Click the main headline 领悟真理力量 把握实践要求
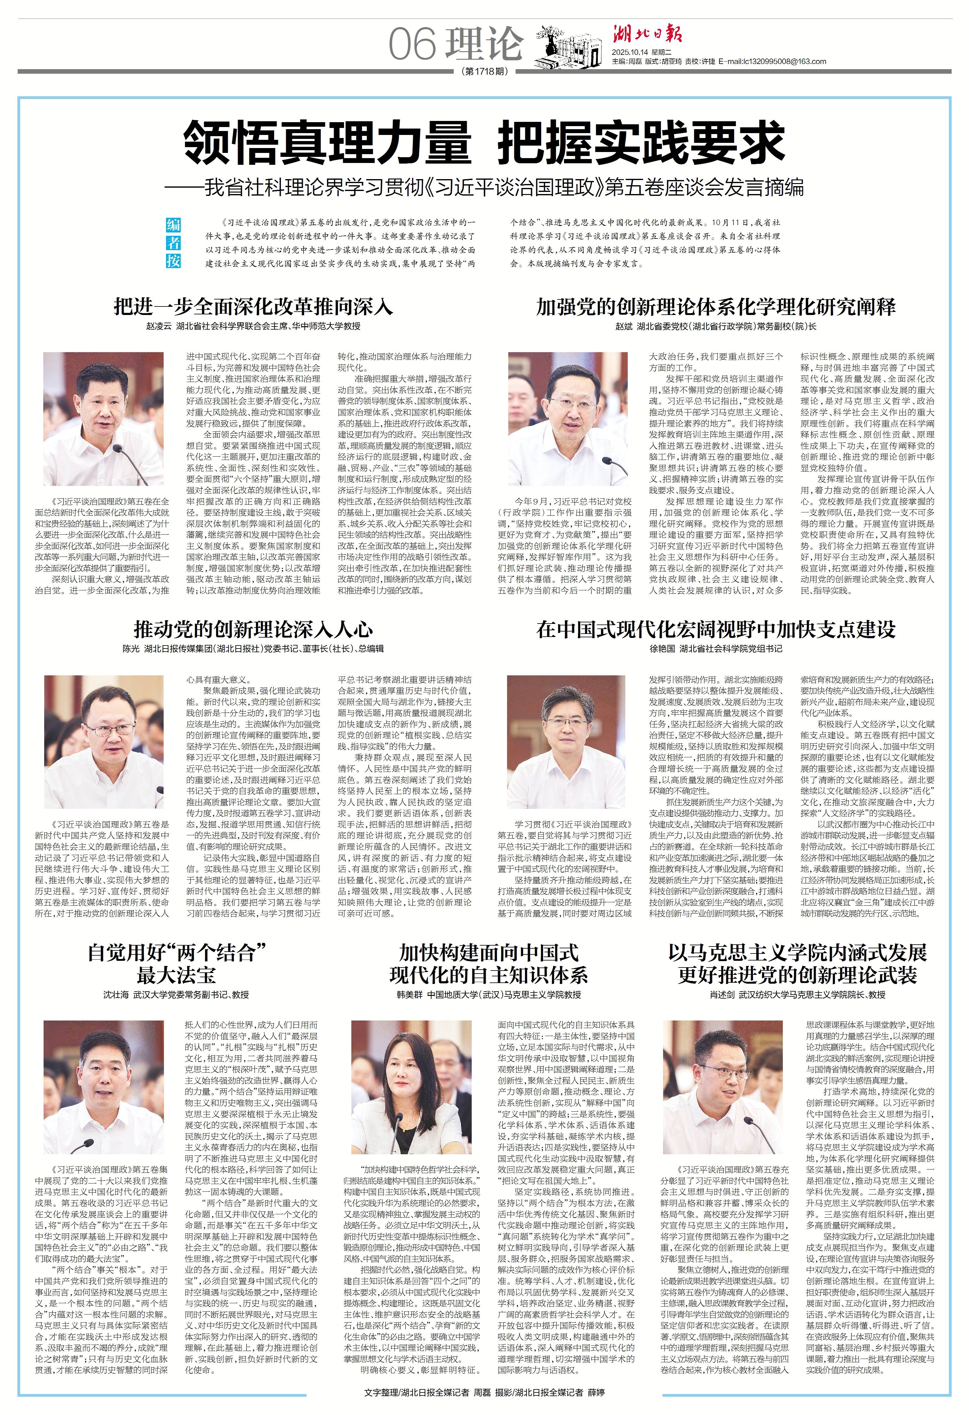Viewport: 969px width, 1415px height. click(484, 142)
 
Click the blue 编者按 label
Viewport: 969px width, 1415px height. click(174, 242)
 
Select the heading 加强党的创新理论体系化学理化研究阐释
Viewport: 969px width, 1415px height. click(716, 306)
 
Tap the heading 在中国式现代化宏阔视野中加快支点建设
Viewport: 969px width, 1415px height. click(716, 629)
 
